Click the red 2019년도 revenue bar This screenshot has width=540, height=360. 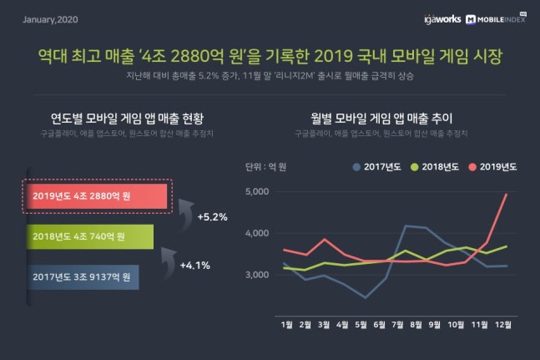[x=96, y=196]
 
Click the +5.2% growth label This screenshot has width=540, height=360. [x=213, y=217]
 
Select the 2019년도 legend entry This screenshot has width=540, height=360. [x=495, y=166]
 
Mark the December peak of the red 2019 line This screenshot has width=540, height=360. [x=507, y=194]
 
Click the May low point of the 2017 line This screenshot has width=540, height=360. [x=365, y=297]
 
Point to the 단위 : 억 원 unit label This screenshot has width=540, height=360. [x=265, y=166]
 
